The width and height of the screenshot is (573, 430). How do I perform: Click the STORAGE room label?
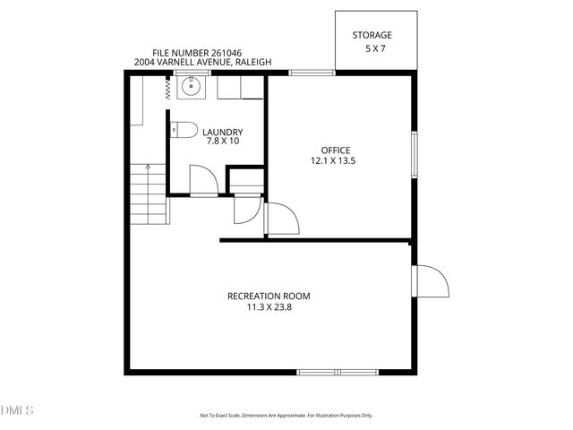pyautogui.click(x=372, y=35)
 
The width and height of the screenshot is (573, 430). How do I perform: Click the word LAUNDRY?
pyautogui.click(x=223, y=132)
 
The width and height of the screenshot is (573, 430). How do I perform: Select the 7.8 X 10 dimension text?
pyautogui.click(x=223, y=142)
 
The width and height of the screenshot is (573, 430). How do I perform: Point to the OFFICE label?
pyautogui.click(x=336, y=150)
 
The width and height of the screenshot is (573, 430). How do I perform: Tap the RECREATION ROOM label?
pyautogui.click(x=269, y=297)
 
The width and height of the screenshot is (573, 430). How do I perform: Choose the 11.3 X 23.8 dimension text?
pyautogui.click(x=269, y=307)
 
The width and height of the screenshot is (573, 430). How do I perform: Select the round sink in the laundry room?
pyautogui.click(x=190, y=87)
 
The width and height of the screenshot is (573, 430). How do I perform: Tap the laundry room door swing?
pyautogui.click(x=203, y=182)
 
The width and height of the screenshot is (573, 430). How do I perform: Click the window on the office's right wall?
pyautogui.click(x=414, y=154)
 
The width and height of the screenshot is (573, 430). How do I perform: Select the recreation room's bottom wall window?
pyautogui.click(x=338, y=371)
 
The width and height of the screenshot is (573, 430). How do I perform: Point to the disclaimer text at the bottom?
pyautogui.click(x=286, y=416)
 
